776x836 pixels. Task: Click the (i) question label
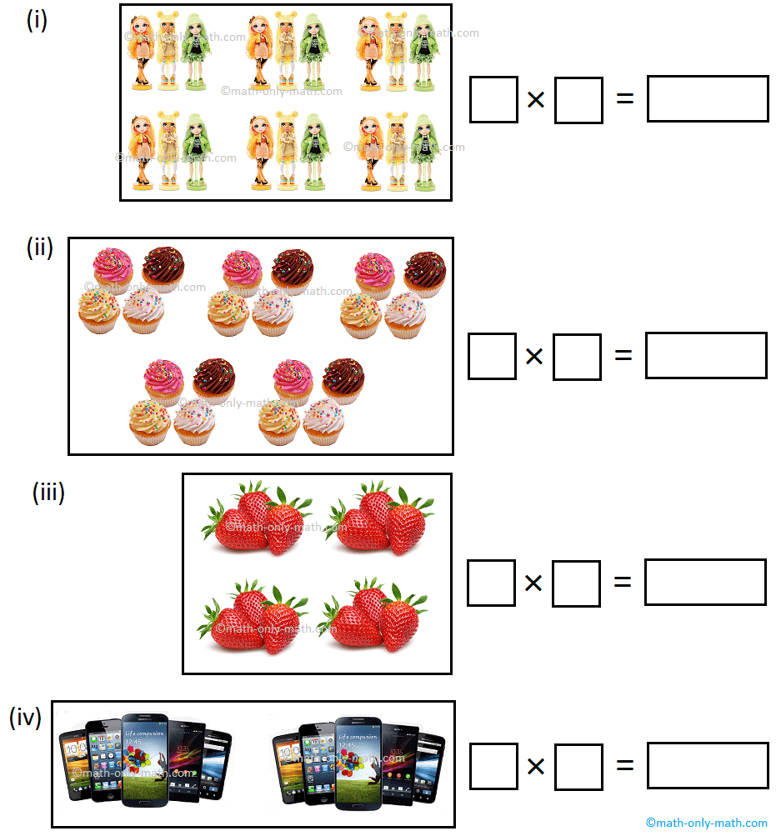[37, 20]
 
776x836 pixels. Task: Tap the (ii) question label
[39, 248]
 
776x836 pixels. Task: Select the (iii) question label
[48, 493]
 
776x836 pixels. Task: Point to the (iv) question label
[25, 717]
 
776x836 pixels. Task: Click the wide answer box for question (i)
[708, 99]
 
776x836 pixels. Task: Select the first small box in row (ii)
[492, 356]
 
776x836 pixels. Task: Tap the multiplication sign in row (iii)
[533, 583]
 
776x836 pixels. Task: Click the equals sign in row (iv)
[624, 765]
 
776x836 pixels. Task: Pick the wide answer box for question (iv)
[708, 765]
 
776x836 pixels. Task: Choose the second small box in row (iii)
[576, 583]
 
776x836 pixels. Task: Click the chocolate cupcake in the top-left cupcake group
[163, 265]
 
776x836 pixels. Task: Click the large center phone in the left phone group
[145, 758]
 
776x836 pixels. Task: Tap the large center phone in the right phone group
[358, 758]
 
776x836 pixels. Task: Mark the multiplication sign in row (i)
[536, 100]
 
